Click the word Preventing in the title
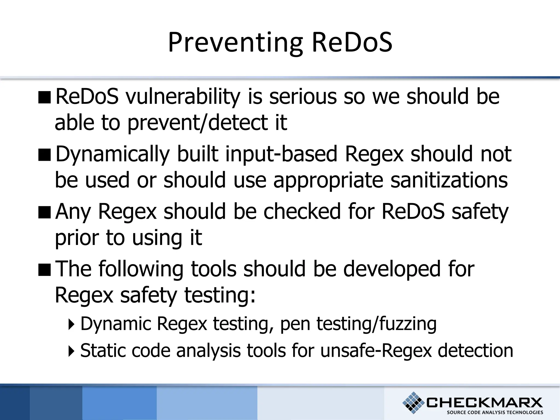[235, 43]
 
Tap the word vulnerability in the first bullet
[183, 97]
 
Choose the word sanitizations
[449, 180]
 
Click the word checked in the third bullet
[302, 211]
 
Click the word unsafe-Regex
[376, 351]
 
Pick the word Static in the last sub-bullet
[103, 351]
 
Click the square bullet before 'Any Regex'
[45, 212]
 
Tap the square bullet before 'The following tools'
[45, 270]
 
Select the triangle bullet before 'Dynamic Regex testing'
[71, 325]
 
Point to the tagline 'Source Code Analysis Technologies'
[495, 412]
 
